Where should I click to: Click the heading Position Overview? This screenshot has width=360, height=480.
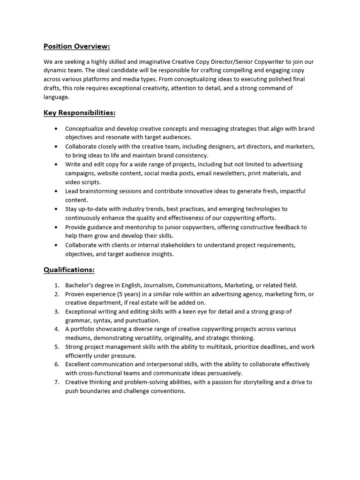(x=77, y=46)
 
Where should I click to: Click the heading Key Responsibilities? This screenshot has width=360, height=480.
(x=79, y=112)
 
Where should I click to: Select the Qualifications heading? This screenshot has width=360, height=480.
(x=69, y=270)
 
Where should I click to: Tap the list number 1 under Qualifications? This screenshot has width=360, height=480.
(x=56, y=285)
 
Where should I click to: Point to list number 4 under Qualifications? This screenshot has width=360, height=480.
(x=56, y=329)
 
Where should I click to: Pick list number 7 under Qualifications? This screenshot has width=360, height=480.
(x=56, y=382)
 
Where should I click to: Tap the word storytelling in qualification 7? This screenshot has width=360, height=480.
(x=263, y=382)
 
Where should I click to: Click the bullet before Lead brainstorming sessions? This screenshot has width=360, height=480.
(x=56, y=191)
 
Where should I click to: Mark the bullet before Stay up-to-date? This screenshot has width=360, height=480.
(x=56, y=209)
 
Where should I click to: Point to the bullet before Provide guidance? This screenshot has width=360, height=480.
(x=56, y=227)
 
